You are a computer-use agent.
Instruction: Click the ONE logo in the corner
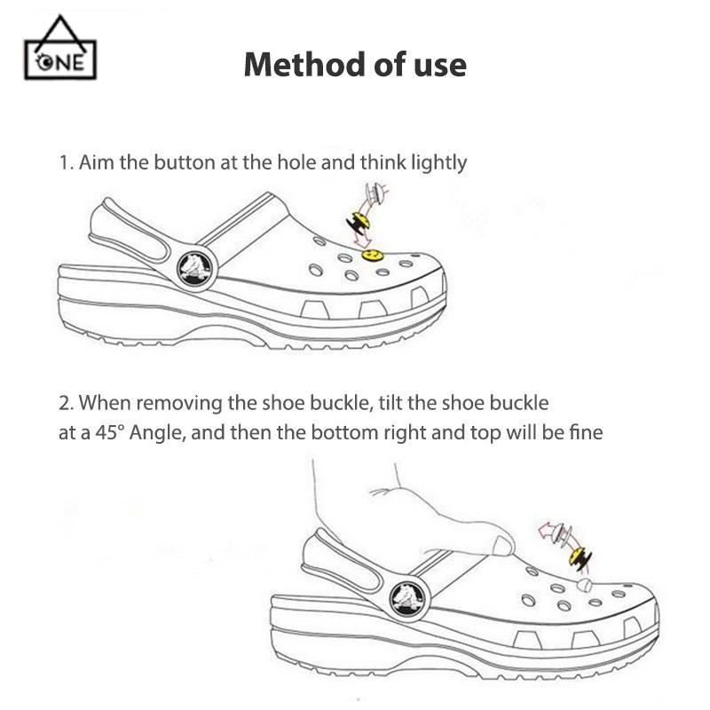(x=60, y=49)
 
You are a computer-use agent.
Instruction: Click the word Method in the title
(x=304, y=65)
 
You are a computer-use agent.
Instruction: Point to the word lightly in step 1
(x=438, y=163)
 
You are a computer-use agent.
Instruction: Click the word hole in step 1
(x=296, y=162)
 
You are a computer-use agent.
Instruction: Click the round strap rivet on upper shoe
(x=194, y=270)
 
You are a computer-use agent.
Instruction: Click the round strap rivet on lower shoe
(x=407, y=599)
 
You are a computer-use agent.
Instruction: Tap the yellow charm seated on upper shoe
(x=373, y=256)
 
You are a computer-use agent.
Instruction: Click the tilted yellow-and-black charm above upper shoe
(x=359, y=223)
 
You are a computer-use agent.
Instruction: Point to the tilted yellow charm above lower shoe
(x=580, y=558)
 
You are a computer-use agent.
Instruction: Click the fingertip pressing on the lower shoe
(x=503, y=545)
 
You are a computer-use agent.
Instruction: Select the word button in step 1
(x=185, y=162)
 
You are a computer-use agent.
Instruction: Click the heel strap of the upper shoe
(x=131, y=230)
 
